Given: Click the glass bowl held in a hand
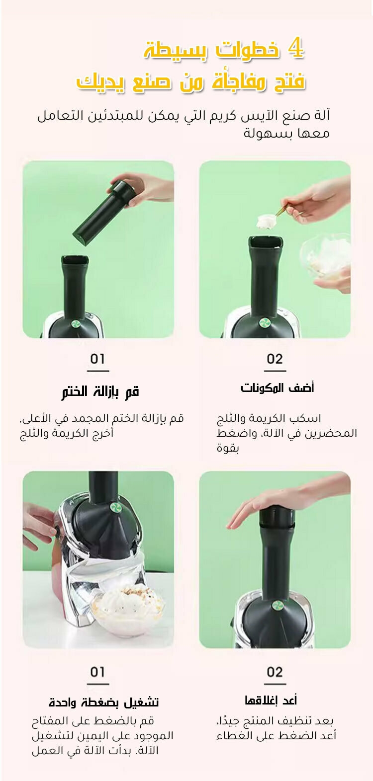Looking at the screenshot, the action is pos(326,257).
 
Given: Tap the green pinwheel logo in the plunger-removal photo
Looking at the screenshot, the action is pos(76,323).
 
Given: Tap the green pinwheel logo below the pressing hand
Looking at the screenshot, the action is pos(278,605).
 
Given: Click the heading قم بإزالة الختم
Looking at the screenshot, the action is pos(100,391).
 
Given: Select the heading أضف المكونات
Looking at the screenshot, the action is pos(277,388).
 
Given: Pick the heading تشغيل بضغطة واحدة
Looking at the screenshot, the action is pos(103,702).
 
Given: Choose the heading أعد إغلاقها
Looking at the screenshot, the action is pos(271,700).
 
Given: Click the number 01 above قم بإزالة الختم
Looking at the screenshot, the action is pos(97,359).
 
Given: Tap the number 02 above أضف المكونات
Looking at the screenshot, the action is pos(275,359).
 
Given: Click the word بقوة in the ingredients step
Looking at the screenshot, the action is pos(228,448).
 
